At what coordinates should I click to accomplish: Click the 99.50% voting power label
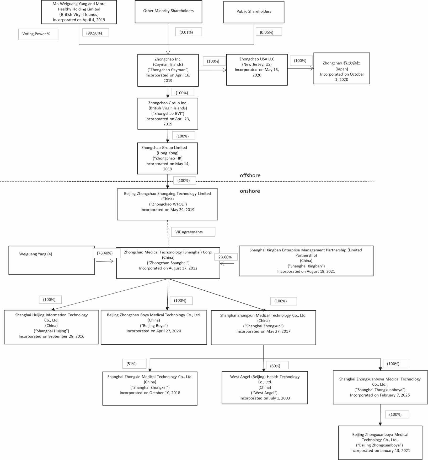[x=95, y=32]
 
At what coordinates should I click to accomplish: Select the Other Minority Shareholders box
[x=168, y=12]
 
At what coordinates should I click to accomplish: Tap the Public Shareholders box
[x=254, y=12]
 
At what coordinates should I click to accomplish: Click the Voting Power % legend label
[x=38, y=34]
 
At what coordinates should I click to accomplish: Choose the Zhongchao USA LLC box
[x=257, y=70]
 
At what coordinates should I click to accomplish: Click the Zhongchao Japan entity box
[x=342, y=68]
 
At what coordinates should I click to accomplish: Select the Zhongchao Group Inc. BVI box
[x=168, y=114]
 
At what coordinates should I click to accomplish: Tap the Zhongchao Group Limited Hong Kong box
[x=168, y=158]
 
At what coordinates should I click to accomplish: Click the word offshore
[x=250, y=175]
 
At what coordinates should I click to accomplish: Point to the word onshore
[x=250, y=191]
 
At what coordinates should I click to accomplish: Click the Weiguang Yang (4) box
[x=51, y=260]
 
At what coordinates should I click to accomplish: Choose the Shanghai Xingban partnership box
[x=306, y=261]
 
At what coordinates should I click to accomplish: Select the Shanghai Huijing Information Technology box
[x=51, y=327]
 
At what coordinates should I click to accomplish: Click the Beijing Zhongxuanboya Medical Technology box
[x=380, y=443]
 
